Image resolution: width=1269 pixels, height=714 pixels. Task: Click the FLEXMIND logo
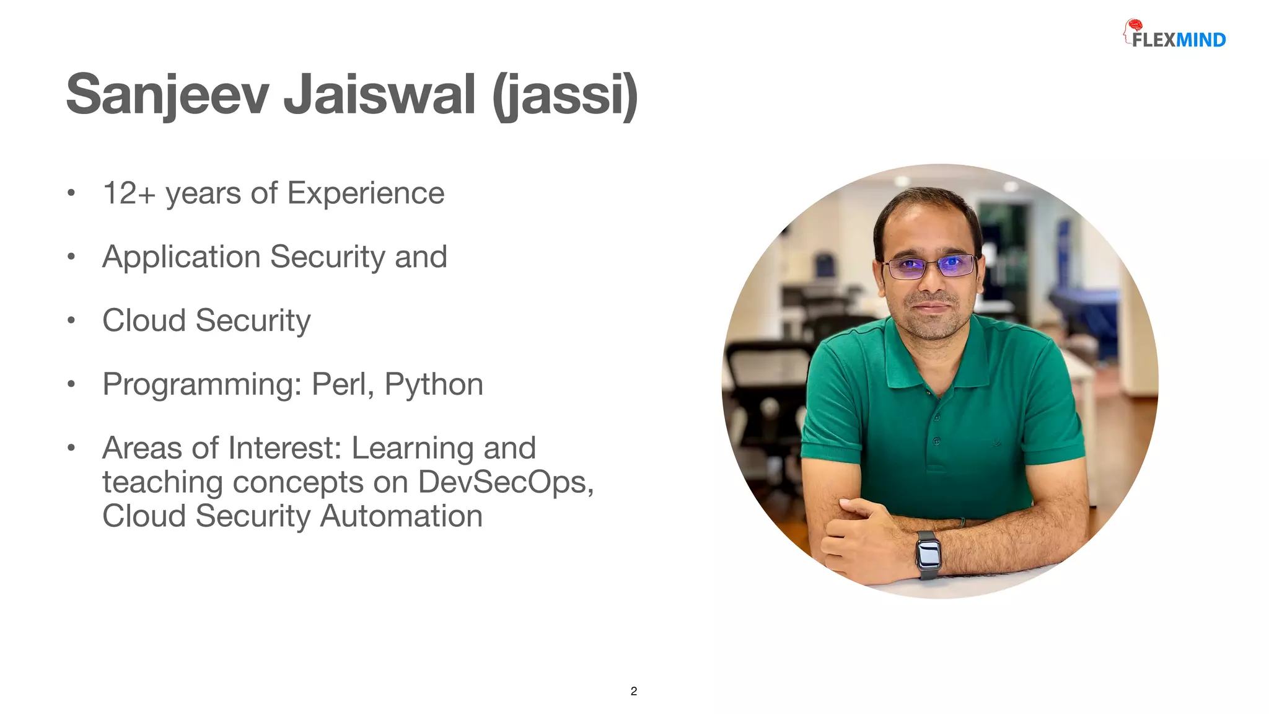coord(1175,35)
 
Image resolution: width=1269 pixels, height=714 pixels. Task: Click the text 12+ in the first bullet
coord(129,193)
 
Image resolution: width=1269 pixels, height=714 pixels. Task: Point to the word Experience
coord(366,193)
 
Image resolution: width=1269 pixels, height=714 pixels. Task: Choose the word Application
coord(182,257)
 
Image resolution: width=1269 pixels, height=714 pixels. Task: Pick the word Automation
coord(401,516)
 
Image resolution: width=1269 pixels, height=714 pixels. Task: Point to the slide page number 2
coord(633,691)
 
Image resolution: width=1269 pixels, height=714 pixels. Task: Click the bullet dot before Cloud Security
coord(71,320)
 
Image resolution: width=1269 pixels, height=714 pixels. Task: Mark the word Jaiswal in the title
coord(379,95)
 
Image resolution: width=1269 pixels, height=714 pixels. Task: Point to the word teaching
coord(162,482)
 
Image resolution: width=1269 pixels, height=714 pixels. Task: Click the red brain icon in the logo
coord(1135,25)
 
